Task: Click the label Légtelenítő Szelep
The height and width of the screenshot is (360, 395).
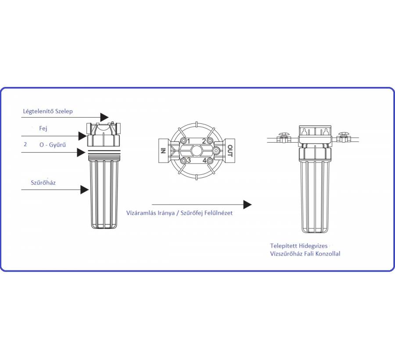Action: coord(48,112)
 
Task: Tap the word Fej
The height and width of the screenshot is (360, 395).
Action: coord(43,129)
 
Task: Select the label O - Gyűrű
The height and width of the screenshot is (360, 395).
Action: coord(52,144)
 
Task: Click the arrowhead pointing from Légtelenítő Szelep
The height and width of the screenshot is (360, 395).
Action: coord(104,117)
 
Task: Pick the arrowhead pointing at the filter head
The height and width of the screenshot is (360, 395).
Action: coord(83,136)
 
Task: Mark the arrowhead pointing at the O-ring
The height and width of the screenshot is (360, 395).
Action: coord(81,152)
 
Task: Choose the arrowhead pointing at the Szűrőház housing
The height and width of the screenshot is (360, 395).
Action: coord(85,190)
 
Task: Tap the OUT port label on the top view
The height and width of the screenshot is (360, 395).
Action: coord(230,151)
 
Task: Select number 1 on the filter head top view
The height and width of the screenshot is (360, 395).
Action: coord(189,141)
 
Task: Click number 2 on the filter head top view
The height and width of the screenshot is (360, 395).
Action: coord(204,141)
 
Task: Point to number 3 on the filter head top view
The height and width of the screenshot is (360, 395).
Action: coord(189,160)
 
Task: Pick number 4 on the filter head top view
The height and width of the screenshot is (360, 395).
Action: coord(204,160)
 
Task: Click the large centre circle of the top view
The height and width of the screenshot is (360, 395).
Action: coord(196,151)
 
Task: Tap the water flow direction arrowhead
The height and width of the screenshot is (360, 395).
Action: coord(247,205)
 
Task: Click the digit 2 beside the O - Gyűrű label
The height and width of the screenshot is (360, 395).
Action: coord(25,144)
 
